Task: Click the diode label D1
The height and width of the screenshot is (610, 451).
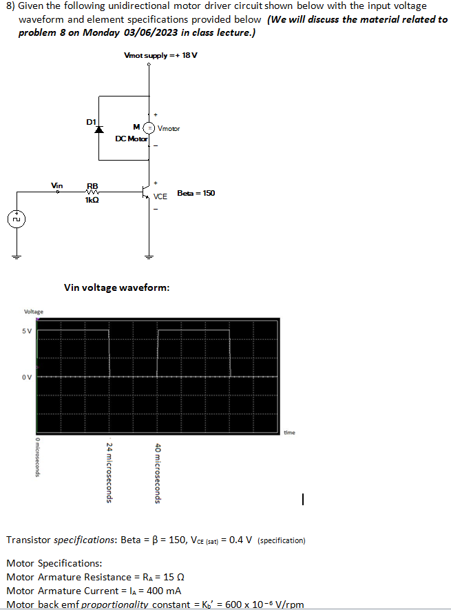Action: (91, 121)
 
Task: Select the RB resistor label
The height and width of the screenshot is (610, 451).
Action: (92, 185)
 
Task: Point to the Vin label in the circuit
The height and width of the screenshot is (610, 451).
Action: (58, 185)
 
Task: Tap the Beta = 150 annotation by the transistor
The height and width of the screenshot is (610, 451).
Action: (196, 193)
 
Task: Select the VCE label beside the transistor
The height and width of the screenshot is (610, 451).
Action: (160, 196)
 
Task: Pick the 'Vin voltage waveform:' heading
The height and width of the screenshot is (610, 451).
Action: (116, 287)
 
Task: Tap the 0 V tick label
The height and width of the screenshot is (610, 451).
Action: (25, 377)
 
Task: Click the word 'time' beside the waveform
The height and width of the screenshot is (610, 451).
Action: (289, 433)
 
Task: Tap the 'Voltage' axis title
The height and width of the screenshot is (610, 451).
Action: (34, 312)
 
